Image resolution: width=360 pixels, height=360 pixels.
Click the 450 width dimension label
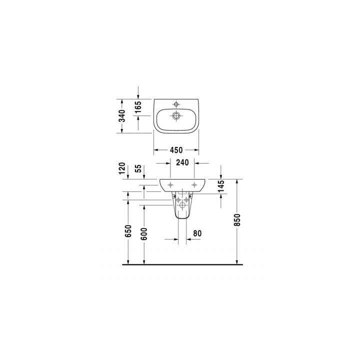(x=176, y=149)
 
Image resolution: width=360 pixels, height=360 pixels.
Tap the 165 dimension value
(x=138, y=106)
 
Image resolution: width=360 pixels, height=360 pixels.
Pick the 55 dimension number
(x=138, y=169)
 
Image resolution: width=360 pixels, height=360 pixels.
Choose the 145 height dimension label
(x=221, y=187)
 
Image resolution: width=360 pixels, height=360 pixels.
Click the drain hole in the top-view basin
(x=176, y=116)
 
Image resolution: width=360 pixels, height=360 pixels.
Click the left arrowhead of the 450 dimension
(x=155, y=149)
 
